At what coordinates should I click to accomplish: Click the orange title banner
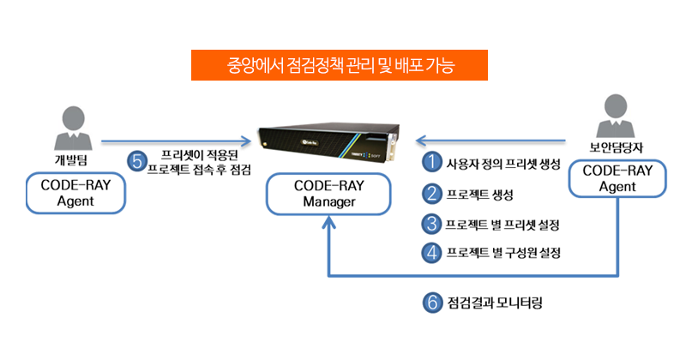(x=340, y=65)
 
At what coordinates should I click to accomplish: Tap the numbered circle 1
(x=432, y=162)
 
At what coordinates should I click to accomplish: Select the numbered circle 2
(x=432, y=194)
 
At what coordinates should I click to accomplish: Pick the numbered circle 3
(x=432, y=224)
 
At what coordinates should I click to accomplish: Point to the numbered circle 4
(x=432, y=252)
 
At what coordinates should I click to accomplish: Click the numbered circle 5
(x=137, y=161)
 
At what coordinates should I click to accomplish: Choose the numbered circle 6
(x=433, y=303)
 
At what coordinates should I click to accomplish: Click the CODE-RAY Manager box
(x=328, y=194)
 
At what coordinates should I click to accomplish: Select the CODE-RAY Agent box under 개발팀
(x=75, y=193)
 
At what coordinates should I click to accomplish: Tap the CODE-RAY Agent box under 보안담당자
(x=617, y=178)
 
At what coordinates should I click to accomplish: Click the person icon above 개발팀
(x=73, y=128)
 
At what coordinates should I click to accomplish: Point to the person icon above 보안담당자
(x=615, y=116)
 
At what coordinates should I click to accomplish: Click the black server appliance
(x=329, y=141)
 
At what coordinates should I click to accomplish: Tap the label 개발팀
(x=71, y=159)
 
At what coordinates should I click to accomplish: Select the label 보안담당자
(x=616, y=147)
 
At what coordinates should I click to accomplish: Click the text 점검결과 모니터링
(x=495, y=303)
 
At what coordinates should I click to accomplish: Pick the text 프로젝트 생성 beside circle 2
(x=479, y=195)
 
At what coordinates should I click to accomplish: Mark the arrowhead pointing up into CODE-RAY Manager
(x=328, y=223)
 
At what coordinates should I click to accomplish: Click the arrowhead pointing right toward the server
(x=246, y=141)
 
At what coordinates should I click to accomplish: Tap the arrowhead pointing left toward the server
(x=421, y=141)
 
